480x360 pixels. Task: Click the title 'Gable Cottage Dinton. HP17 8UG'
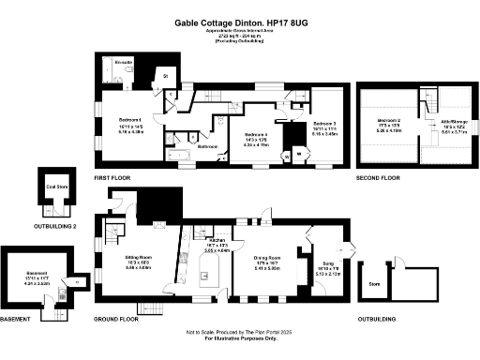click(240, 21)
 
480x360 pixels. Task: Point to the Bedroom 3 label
click(324, 125)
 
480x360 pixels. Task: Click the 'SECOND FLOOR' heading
click(378, 177)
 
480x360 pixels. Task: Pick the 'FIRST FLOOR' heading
click(112, 177)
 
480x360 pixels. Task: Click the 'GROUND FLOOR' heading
click(116, 319)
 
